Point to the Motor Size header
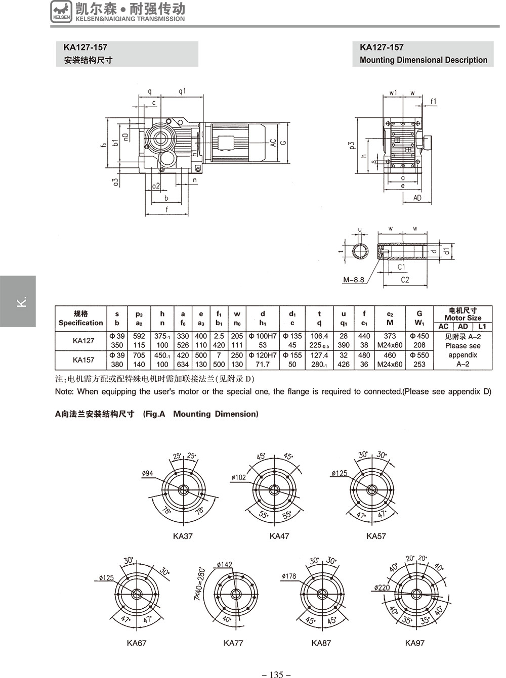click(x=462, y=318)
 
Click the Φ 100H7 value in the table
click(x=263, y=336)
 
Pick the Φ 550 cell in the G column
click(x=419, y=355)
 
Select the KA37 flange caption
click(x=183, y=536)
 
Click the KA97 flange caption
click(x=414, y=643)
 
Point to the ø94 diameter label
click(x=148, y=473)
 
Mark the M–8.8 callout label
click(x=353, y=280)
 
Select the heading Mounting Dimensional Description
click(x=423, y=60)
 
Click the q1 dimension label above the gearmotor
click(x=182, y=91)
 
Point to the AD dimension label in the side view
click(x=417, y=198)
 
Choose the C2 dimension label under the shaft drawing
click(x=404, y=280)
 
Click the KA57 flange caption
click(x=376, y=536)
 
